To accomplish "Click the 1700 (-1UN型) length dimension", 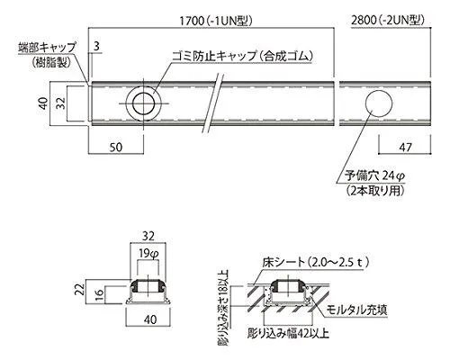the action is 215,21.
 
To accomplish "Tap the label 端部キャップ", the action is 47,48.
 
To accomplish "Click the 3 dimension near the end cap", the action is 96,46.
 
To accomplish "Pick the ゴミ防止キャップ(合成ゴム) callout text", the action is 242,56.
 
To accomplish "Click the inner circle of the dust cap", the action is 143,103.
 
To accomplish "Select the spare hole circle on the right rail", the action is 379,103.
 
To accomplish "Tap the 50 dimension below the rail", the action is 115,147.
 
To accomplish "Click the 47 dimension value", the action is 405,147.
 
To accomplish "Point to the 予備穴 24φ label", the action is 374,175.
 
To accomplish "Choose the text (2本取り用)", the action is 374,191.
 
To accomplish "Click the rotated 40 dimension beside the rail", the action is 44,103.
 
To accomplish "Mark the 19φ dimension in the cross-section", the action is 148,254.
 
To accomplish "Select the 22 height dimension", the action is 79,291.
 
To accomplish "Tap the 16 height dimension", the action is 101,295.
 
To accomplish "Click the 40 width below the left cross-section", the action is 150,319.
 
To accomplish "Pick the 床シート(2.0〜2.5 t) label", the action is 315,263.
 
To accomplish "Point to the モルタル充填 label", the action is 356,310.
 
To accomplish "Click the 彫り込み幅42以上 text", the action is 288,333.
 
